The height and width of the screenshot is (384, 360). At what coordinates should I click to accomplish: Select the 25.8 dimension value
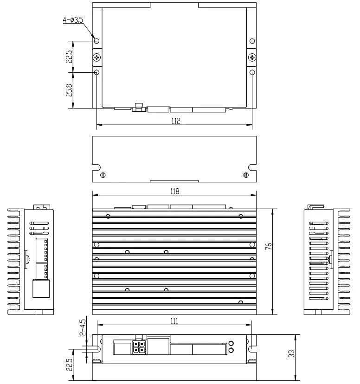click(x=69, y=90)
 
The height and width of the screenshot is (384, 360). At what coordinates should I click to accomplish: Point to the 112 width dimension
click(x=174, y=121)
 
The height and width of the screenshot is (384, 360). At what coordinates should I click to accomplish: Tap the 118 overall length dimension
click(x=174, y=191)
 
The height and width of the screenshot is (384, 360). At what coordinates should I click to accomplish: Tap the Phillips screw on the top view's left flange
click(x=96, y=57)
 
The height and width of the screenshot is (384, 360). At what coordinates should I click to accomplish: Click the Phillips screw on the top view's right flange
click(x=252, y=57)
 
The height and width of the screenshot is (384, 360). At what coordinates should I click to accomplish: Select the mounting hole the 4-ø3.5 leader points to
click(x=96, y=41)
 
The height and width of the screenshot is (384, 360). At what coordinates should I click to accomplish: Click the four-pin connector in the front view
click(x=137, y=347)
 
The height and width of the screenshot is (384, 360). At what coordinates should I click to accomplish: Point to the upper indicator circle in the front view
click(x=231, y=343)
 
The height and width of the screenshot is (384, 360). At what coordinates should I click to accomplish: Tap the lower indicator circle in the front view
click(x=231, y=351)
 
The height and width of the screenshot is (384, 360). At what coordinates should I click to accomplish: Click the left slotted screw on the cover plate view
click(x=103, y=175)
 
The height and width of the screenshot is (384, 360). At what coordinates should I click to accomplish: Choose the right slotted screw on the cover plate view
click(x=246, y=175)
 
